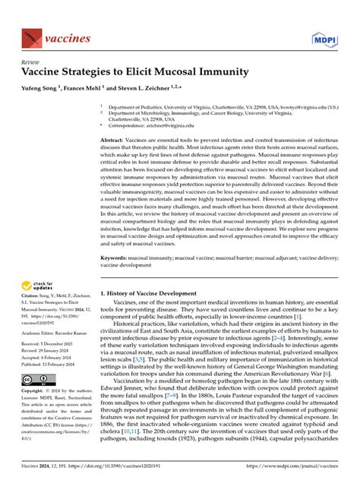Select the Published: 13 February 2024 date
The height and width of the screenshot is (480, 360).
coord(55,364)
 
